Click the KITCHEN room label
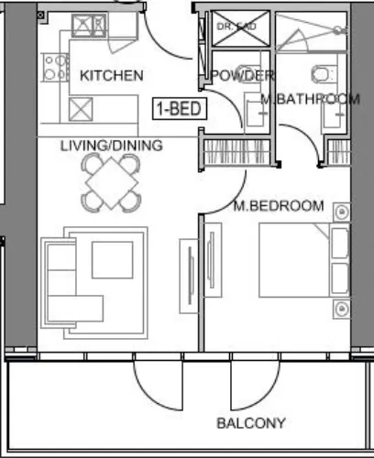pyautogui.click(x=111, y=75)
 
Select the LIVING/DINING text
pyautogui.click(x=112, y=146)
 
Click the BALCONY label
pyautogui.click(x=250, y=423)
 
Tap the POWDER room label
pyautogui.click(x=242, y=75)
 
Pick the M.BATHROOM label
pyautogui.click(x=310, y=98)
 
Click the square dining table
pyautogui.click(x=111, y=182)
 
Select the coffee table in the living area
pyautogui.click(x=113, y=257)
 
